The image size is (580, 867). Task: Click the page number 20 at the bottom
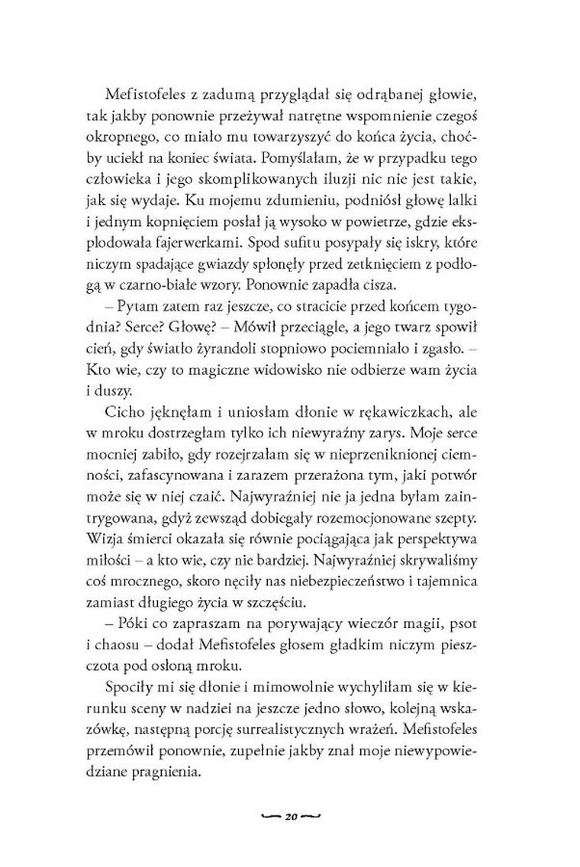click(290, 815)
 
